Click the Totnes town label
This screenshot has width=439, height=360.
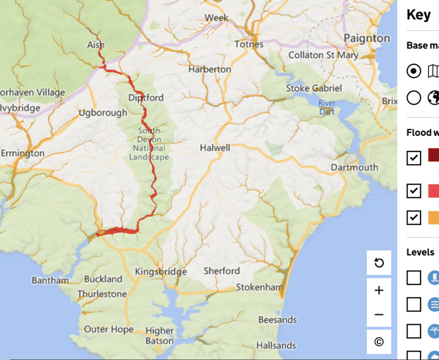(x=249, y=44)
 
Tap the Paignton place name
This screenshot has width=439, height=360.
(x=367, y=38)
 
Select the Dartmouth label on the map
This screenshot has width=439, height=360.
(x=354, y=167)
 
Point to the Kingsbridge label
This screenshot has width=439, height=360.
(x=161, y=272)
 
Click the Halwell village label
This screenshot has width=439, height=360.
(x=215, y=147)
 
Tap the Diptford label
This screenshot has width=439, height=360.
(x=146, y=98)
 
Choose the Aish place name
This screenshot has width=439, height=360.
(x=96, y=45)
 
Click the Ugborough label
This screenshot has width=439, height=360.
(x=103, y=112)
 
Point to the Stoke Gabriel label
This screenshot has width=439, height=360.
(x=313, y=88)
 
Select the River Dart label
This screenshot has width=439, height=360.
(x=327, y=107)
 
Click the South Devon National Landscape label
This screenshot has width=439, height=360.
(x=149, y=144)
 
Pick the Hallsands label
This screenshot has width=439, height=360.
(x=276, y=346)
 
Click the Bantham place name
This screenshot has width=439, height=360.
(x=50, y=280)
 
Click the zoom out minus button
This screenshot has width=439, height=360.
(x=379, y=315)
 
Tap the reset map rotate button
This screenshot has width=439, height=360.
(x=379, y=263)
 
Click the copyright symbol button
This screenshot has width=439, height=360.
(x=379, y=341)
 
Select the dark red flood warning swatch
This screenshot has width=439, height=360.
(x=434, y=156)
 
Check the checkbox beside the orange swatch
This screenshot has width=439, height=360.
(x=414, y=217)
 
